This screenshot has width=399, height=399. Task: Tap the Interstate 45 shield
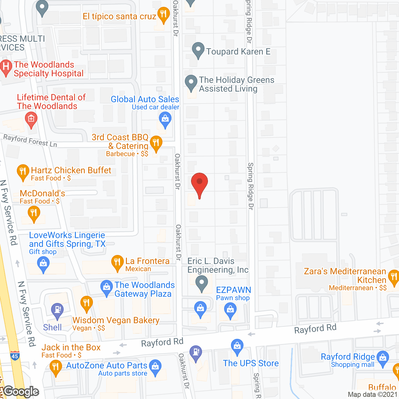[15, 356]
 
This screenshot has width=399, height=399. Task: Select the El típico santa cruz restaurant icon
[163, 15]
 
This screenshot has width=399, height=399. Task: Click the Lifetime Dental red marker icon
[31, 120]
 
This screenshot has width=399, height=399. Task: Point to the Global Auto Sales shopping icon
[165, 119]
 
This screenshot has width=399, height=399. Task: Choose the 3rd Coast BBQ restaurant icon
[156, 143]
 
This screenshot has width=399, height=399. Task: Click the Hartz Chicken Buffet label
[71, 170]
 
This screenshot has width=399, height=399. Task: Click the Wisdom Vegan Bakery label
[116, 320]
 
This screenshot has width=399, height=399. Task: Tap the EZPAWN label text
[233, 290]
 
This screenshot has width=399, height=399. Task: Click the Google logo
[21, 392]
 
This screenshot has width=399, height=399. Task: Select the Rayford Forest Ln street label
[30, 140]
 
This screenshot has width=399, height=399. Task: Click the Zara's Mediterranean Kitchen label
[345, 276]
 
